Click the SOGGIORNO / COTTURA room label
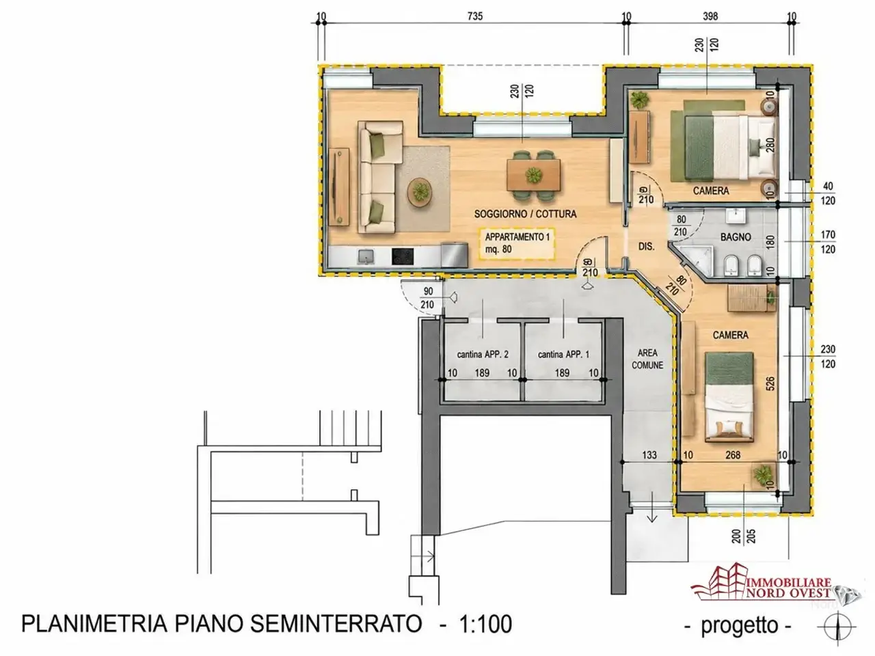pos(525,214)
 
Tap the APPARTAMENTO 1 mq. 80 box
pos(517,244)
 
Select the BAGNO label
pos(736,237)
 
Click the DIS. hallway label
pos(646,247)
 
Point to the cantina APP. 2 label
pos(483,354)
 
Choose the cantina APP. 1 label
pos(563,354)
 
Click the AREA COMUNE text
pos(647,359)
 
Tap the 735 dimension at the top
pos(475,16)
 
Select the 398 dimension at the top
pos(710,16)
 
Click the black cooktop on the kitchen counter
pos(522,256)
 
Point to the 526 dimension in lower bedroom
pos(770,383)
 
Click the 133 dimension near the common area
pos(649,455)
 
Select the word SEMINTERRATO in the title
pos(336,623)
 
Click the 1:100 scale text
pos(485,624)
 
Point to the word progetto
pos(739,625)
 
